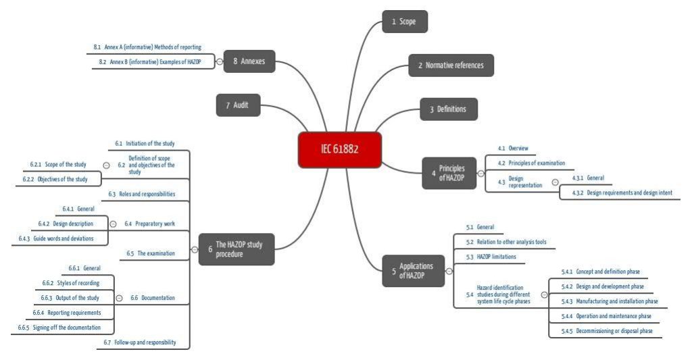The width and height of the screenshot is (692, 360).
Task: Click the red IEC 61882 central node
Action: pyautogui.click(x=340, y=149)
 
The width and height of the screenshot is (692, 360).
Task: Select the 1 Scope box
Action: pyautogui.click(x=405, y=22)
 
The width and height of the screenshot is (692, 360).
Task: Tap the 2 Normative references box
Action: pyautogui.click(x=451, y=66)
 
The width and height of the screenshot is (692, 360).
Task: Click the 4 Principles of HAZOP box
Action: pyautogui.click(x=449, y=173)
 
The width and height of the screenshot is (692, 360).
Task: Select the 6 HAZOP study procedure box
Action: pyautogui.click(x=239, y=249)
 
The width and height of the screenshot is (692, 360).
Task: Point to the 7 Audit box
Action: pyautogui.click(x=238, y=105)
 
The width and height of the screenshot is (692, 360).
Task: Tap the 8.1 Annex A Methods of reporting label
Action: pyautogui.click(x=147, y=47)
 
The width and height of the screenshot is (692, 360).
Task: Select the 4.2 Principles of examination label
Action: pyautogui.click(x=531, y=163)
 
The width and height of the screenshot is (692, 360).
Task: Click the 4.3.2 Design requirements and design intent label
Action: pyautogui.click(x=622, y=192)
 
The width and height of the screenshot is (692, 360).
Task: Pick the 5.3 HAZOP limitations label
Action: pyautogui.click(x=491, y=257)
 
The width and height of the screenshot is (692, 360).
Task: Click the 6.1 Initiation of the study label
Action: pyautogui.click(x=145, y=143)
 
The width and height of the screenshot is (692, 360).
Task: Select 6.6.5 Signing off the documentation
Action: pyautogui.click(x=59, y=328)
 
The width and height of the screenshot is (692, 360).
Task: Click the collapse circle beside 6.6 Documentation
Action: pyautogui.click(x=119, y=298)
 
